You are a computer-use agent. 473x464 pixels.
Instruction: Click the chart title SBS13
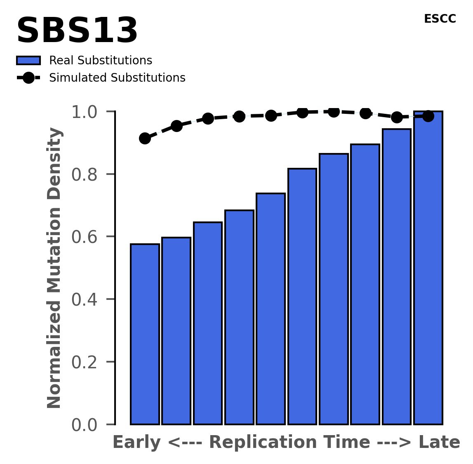[x=77, y=31]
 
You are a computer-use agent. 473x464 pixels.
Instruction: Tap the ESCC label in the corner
[x=440, y=19]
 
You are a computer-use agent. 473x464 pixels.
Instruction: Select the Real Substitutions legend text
[x=101, y=61]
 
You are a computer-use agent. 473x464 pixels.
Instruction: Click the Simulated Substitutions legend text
[x=117, y=78]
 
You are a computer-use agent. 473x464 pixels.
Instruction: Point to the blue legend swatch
[x=28, y=61]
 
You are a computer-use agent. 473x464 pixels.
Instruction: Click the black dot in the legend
[x=28, y=78]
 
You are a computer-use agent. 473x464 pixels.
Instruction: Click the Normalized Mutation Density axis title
[x=54, y=268]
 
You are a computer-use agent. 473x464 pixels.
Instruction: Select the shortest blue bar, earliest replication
[x=145, y=334]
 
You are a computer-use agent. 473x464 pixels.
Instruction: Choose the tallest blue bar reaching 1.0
[x=428, y=268]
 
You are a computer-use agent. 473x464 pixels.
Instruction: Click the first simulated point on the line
[x=145, y=138]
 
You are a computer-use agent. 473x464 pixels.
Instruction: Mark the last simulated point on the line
[x=428, y=116]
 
